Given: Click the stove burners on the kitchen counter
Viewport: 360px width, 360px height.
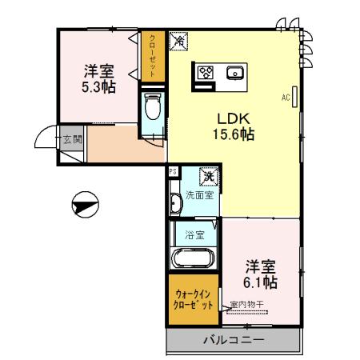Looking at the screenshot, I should [x=206, y=73].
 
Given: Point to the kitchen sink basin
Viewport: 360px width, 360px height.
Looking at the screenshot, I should [x=235, y=73].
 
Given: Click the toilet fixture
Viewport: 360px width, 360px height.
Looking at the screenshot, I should [x=154, y=109].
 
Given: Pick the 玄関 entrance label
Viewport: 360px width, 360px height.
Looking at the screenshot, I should [x=72, y=140].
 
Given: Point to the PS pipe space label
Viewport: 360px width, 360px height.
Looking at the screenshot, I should [x=172, y=171].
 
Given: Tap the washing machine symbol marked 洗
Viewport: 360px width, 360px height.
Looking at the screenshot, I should [x=207, y=177].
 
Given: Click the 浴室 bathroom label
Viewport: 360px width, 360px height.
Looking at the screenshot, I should [x=194, y=235].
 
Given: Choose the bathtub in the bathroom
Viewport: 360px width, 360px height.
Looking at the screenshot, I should [x=193, y=259].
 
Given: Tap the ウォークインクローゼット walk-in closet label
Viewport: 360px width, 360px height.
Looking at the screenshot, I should [x=193, y=301].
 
